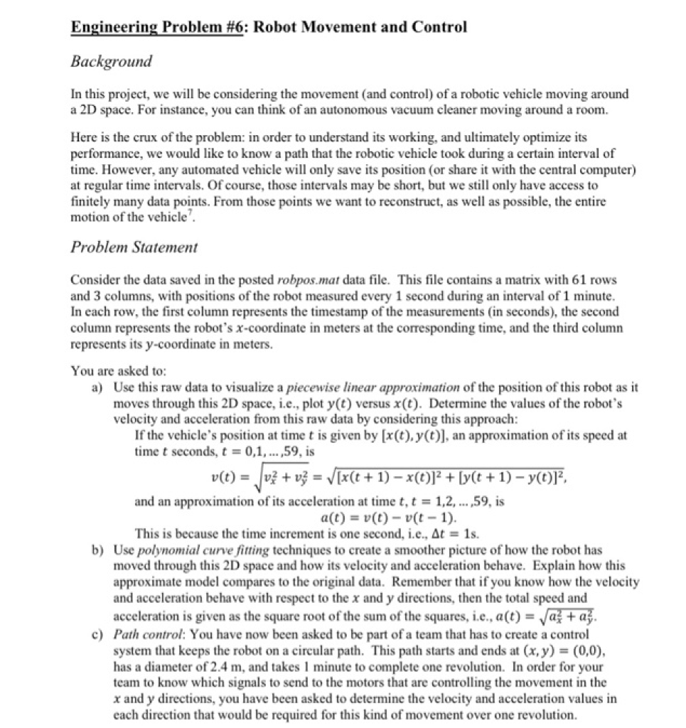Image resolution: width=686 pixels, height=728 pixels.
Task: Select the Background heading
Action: click(112, 61)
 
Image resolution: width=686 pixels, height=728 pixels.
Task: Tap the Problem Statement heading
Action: click(134, 247)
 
